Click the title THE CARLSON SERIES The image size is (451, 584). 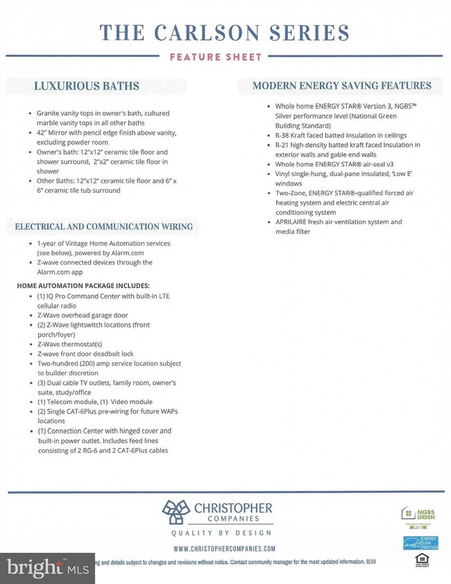(224, 32)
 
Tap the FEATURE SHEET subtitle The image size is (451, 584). (216, 57)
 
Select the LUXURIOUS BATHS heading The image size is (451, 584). (87, 86)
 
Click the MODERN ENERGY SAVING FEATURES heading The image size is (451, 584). (342, 86)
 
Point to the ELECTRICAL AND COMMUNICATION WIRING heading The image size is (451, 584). (104, 227)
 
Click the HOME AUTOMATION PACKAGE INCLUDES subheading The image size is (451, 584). (83, 286)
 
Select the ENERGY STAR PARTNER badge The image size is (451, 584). (420, 542)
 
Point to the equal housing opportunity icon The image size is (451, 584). (420, 559)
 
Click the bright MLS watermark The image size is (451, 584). (47, 568)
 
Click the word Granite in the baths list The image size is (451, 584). (50, 113)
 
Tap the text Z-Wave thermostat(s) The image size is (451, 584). (70, 344)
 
